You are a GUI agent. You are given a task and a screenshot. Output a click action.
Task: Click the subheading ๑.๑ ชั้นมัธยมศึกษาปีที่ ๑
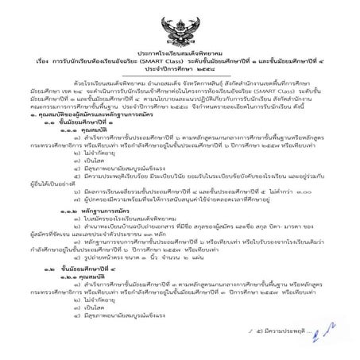(x=88, y=120)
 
